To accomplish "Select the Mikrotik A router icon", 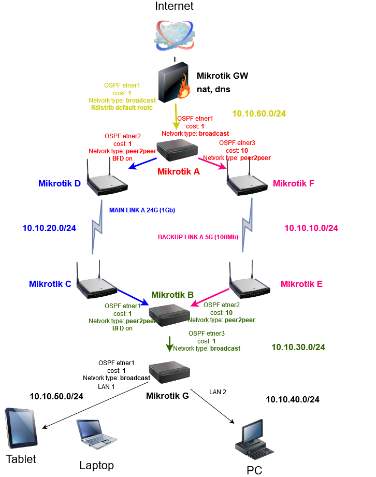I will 177,151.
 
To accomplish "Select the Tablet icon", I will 21,428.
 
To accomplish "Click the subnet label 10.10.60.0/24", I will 259,114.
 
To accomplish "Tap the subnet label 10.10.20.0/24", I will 49,228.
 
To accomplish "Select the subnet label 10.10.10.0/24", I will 311,228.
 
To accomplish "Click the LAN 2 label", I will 218,392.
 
